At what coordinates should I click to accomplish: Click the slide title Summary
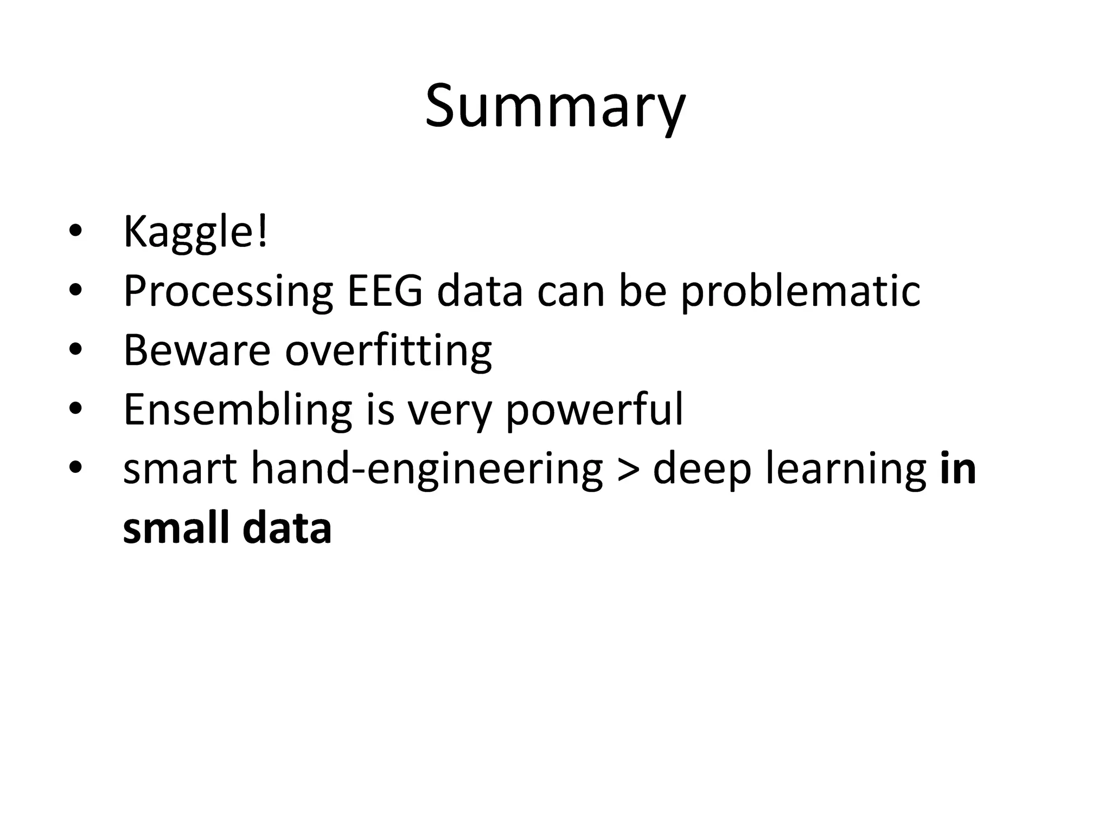coord(555,106)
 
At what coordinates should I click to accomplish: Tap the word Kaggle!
coord(195,232)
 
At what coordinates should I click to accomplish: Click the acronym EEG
coord(385,291)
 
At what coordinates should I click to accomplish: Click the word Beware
coord(197,350)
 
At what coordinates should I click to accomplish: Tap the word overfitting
coord(388,351)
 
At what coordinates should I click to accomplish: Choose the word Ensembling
coord(238,410)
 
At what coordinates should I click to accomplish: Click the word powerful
coord(594,411)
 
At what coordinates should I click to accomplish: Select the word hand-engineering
coord(426,470)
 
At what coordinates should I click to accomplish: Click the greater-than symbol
coord(628,470)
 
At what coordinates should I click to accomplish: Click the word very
coord(449,411)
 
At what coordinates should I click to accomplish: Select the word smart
coord(180,470)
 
